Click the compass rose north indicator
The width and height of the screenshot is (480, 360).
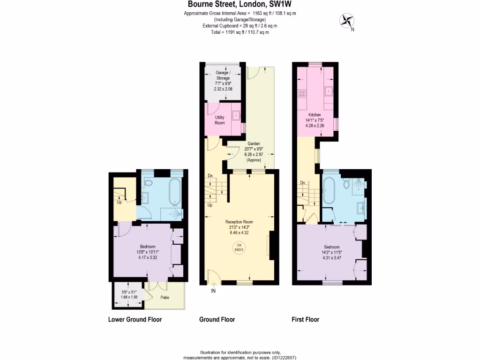coord(347,21)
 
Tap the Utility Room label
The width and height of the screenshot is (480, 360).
coord(220,120)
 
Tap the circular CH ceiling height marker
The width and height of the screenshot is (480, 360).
coord(239,247)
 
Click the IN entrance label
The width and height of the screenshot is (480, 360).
coord(213,291)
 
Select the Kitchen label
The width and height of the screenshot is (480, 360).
coord(314,115)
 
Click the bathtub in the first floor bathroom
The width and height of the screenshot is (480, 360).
coord(328,192)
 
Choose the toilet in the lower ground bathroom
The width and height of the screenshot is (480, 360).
coord(148,183)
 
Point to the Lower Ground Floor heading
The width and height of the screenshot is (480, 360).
coord(135,320)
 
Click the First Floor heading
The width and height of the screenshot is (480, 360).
coord(305,320)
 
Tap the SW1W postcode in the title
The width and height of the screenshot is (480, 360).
coord(282,5)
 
